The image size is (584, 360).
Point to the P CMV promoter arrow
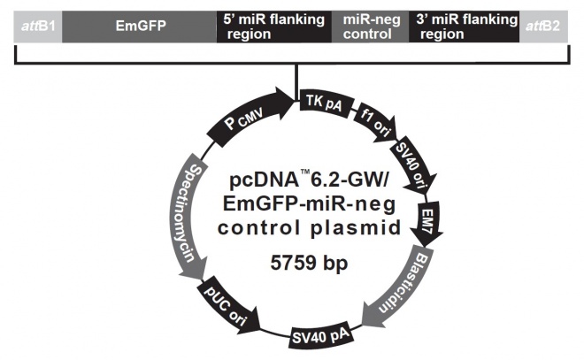click(247, 120)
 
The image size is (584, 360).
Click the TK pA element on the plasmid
click(322, 104)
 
